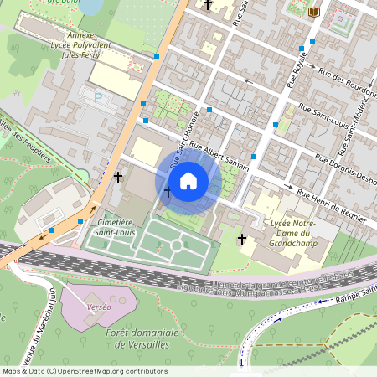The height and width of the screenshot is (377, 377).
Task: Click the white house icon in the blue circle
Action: click(188, 181)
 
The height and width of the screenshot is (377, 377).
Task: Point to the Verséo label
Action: click(98, 307)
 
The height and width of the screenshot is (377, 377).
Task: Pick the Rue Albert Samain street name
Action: click(219, 157)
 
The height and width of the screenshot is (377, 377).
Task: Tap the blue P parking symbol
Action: click(98, 98)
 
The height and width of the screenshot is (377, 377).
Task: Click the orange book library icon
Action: click(314, 12)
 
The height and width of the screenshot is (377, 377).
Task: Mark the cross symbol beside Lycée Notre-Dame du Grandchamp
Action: click(242, 240)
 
